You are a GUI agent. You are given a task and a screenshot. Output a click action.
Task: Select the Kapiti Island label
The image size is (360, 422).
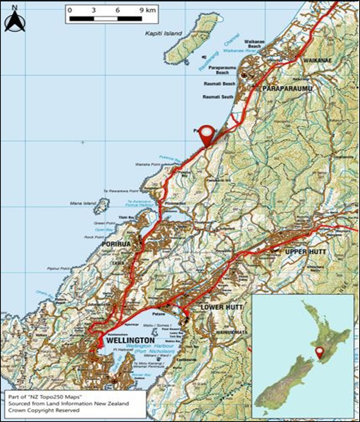coord(163,34)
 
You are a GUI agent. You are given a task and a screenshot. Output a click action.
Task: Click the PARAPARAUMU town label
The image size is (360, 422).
coord(287,89)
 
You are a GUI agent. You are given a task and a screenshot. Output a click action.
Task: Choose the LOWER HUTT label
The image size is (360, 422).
coord(222,307)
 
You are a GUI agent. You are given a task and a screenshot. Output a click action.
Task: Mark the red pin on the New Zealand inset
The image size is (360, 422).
coord(320,352)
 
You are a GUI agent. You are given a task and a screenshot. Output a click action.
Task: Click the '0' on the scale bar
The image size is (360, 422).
coord(70,10)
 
